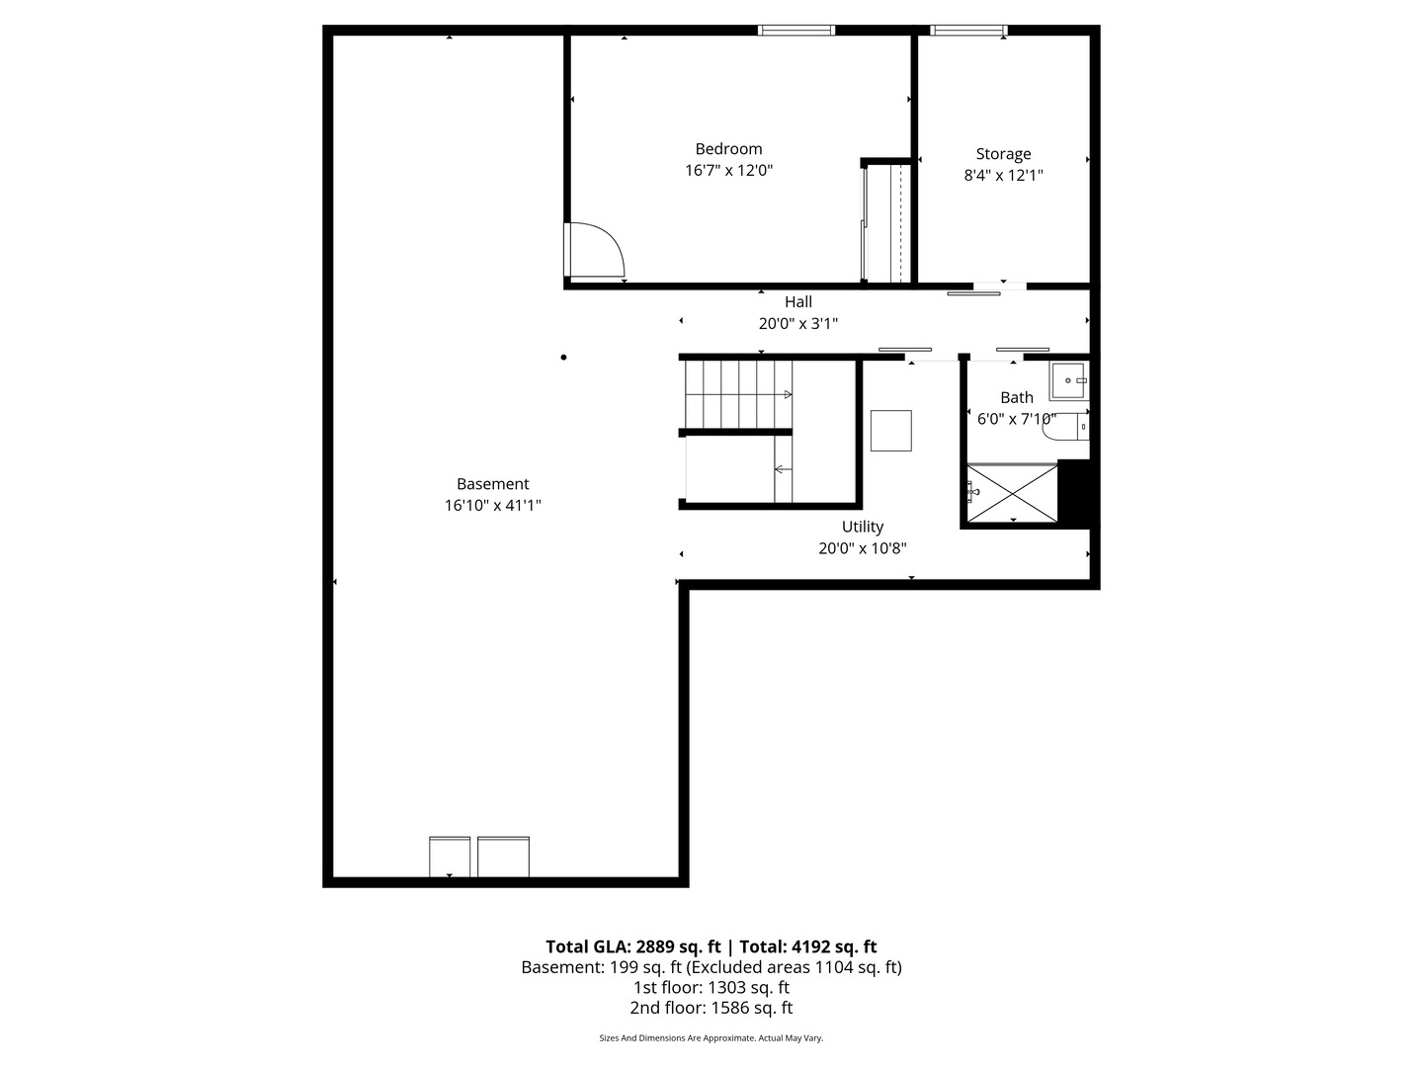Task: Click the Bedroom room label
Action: (x=728, y=149)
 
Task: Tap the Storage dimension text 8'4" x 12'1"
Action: (x=1003, y=176)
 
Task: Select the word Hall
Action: (x=798, y=302)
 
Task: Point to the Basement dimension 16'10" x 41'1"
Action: (x=493, y=505)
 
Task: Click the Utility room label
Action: (x=863, y=527)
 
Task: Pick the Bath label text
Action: (x=1017, y=397)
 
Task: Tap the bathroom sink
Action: (x=1068, y=380)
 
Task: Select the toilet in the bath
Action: (x=1066, y=426)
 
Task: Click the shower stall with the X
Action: (x=1012, y=493)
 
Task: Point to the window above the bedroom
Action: (x=796, y=30)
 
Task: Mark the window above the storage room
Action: (x=968, y=30)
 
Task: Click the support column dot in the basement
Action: (x=563, y=357)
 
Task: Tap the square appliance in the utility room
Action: (x=890, y=430)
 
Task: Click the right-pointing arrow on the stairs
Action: (x=788, y=394)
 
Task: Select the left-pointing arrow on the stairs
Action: (x=783, y=469)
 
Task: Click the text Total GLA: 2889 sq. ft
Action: (x=632, y=947)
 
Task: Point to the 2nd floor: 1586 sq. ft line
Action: (x=711, y=1008)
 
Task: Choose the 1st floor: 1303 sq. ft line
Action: (x=711, y=988)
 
